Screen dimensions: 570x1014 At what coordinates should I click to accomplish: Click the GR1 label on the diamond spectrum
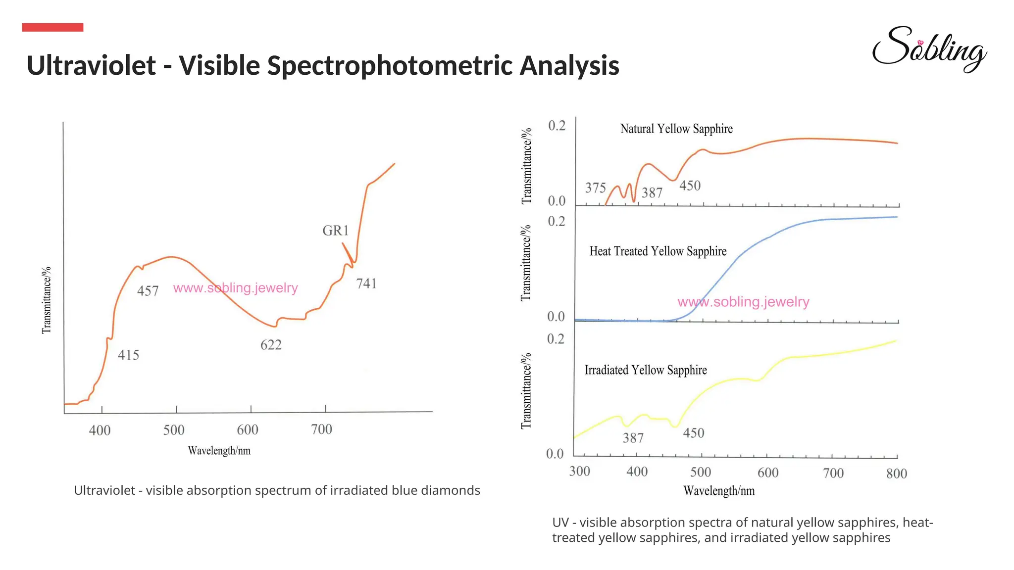pyautogui.click(x=336, y=231)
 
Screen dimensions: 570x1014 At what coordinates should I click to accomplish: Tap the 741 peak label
pyautogui.click(x=366, y=284)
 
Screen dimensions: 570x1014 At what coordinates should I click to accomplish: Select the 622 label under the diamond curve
pyautogui.click(x=271, y=345)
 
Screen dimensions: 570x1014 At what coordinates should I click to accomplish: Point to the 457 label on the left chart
pyautogui.click(x=148, y=291)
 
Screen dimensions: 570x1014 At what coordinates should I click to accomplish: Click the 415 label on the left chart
pyautogui.click(x=128, y=355)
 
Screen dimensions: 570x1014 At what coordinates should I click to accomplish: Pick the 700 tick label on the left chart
pyautogui.click(x=321, y=429)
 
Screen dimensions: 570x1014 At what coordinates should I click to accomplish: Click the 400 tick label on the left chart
pyautogui.click(x=100, y=430)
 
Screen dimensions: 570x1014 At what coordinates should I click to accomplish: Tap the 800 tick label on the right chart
pyautogui.click(x=896, y=474)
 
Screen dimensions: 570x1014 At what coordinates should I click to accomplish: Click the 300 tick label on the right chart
pyautogui.click(x=579, y=471)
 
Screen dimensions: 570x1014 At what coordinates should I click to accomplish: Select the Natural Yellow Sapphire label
pyautogui.click(x=676, y=129)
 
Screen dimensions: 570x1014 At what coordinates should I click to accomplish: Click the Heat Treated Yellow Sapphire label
pyautogui.click(x=658, y=251)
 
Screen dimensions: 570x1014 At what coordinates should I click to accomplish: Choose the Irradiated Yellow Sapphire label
pyautogui.click(x=646, y=370)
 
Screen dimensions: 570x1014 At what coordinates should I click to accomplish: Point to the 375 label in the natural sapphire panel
pyautogui.click(x=595, y=188)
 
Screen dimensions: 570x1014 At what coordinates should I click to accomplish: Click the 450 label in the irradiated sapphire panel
pyautogui.click(x=693, y=433)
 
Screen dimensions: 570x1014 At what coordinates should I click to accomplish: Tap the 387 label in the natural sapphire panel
pyautogui.click(x=652, y=192)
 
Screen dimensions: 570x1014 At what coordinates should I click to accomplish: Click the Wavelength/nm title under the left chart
pyautogui.click(x=219, y=451)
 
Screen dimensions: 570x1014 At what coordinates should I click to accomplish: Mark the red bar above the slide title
pyautogui.click(x=52, y=27)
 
